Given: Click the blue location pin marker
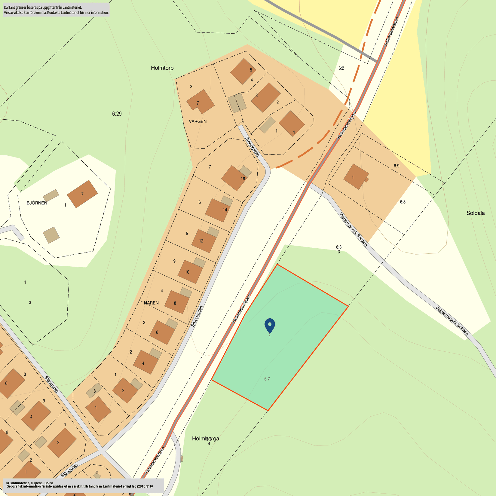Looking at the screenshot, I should click(x=270, y=326).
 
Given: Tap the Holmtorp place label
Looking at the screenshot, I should click(x=162, y=68).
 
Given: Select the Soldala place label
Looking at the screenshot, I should click(x=475, y=213).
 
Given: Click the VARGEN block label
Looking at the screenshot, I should click(x=197, y=121).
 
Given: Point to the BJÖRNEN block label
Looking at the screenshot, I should click(x=37, y=203).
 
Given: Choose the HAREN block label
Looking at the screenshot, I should click(x=151, y=303).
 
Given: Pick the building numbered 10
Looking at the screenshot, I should click(x=190, y=271).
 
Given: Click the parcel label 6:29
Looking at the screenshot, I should click(x=117, y=114).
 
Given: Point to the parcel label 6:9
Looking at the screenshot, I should click(x=396, y=166).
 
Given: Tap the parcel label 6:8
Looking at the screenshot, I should click(x=403, y=202).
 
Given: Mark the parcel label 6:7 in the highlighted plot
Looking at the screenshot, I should click(x=267, y=379).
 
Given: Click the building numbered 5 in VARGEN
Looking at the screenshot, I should click(x=243, y=71).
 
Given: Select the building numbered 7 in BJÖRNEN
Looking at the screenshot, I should click(x=82, y=194).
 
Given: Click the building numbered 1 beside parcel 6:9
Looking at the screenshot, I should click(x=356, y=177).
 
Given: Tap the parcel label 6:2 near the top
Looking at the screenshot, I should click(x=341, y=68).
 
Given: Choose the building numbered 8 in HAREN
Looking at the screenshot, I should click(x=176, y=302).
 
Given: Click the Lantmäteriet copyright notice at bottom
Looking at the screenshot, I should click(x=80, y=485).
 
